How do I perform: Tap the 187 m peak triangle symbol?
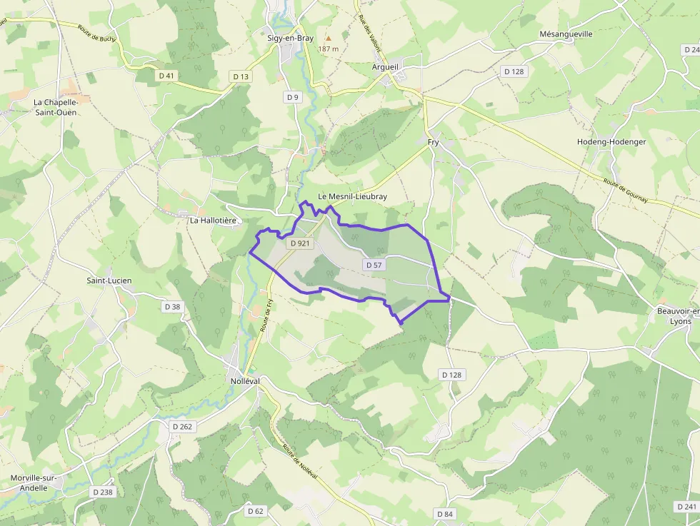pos(329,38)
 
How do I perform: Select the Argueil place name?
pos(386,66)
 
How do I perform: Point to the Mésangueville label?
pos(566,34)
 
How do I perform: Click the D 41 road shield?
pos(166,75)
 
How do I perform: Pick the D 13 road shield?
pos(241,76)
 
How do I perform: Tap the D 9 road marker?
pos(291,97)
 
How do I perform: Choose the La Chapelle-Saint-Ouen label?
pos(56,107)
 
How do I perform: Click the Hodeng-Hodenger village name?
pos(611,141)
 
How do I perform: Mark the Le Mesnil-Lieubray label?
pos(353,196)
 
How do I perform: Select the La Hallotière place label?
pos(213,221)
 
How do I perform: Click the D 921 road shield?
pos(301,243)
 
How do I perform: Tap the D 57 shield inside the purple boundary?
pos(374,265)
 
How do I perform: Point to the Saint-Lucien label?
pos(109,280)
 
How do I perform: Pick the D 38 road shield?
pos(172,307)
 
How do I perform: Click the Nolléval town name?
pos(245,381)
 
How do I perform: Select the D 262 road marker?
pos(182,426)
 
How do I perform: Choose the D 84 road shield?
pos(444,514)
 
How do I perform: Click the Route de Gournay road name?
pos(624,191)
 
